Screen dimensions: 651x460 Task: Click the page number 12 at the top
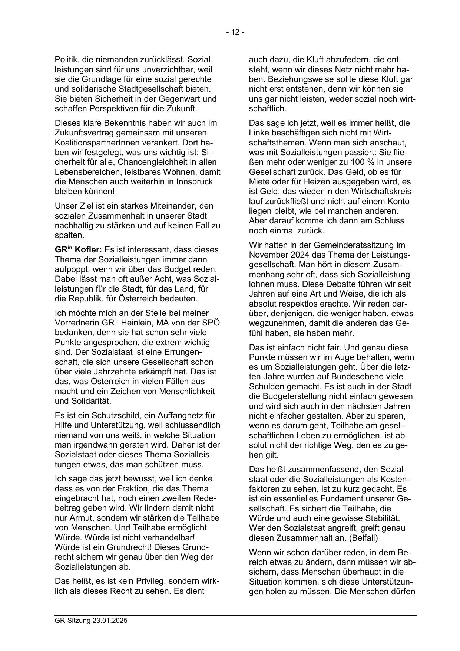click(x=235, y=32)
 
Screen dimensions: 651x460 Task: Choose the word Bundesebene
click(x=355, y=377)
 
